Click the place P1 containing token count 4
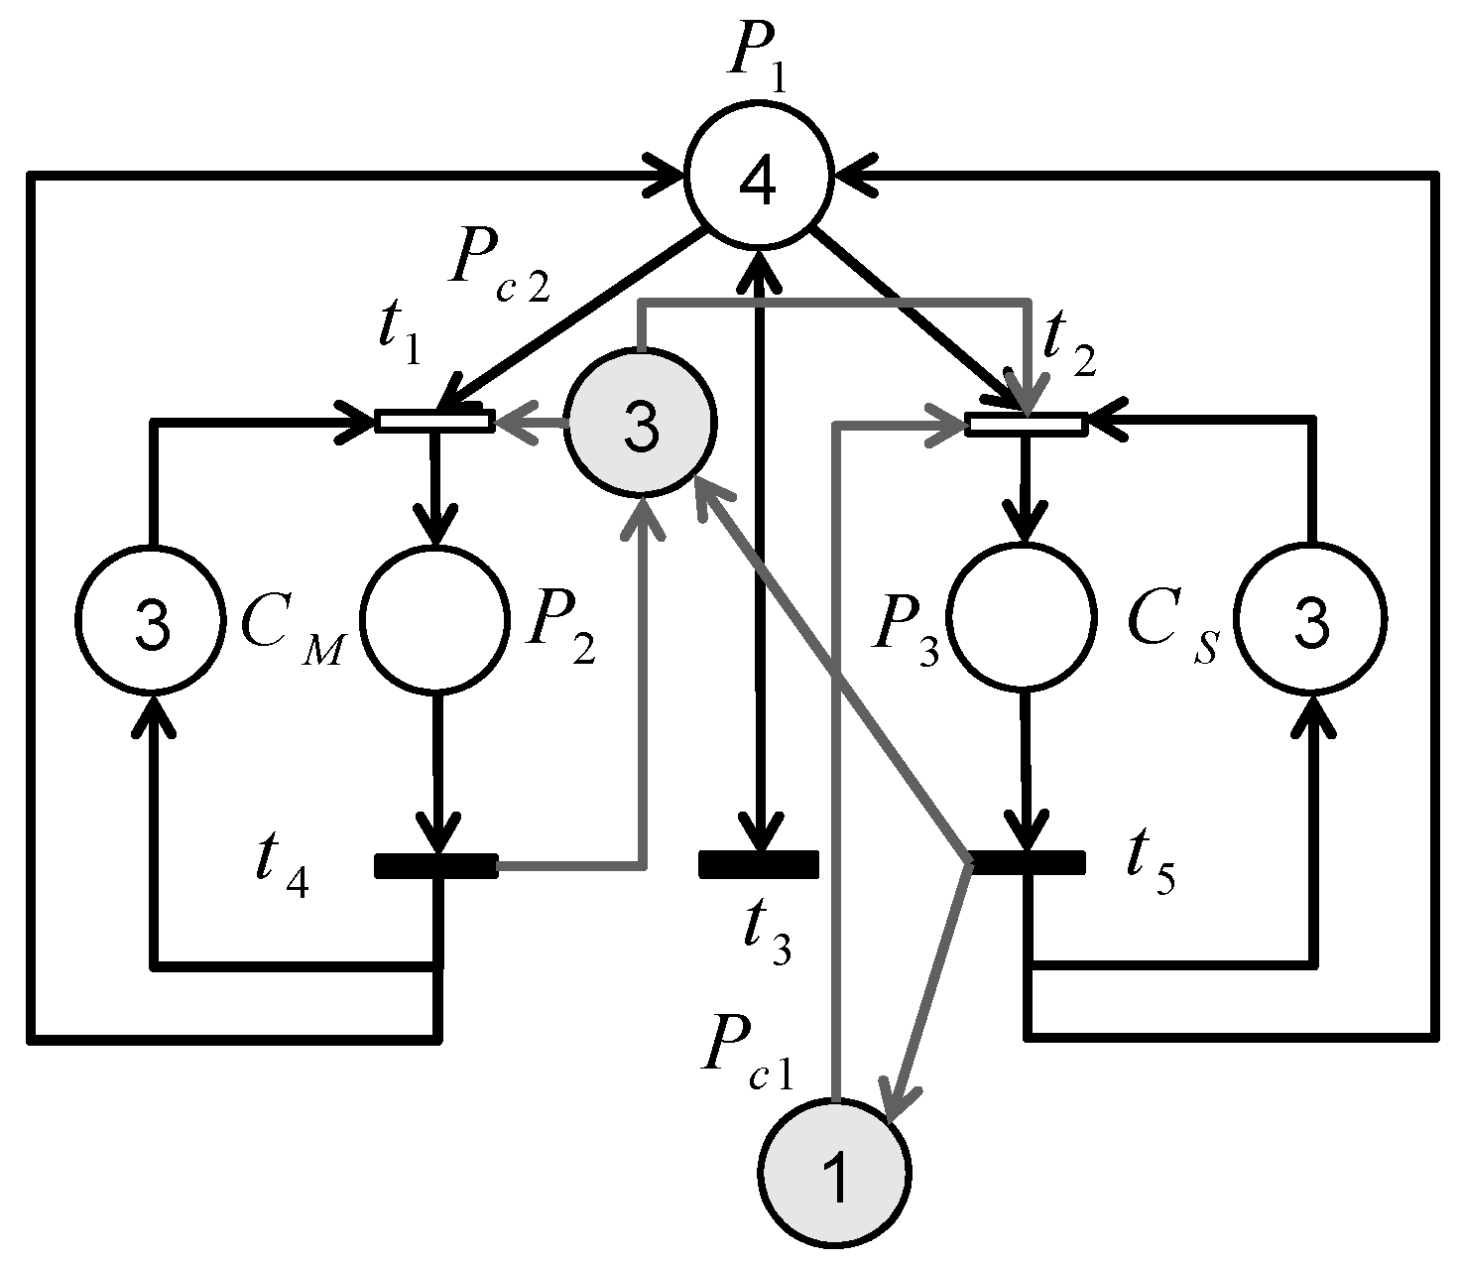pos(760,185)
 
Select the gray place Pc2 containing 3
pos(641,422)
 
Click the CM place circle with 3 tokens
pos(151,620)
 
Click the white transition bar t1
pos(433,422)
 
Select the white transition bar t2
pos(1027,425)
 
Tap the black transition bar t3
pos(759,864)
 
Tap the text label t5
pos(1151,868)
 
